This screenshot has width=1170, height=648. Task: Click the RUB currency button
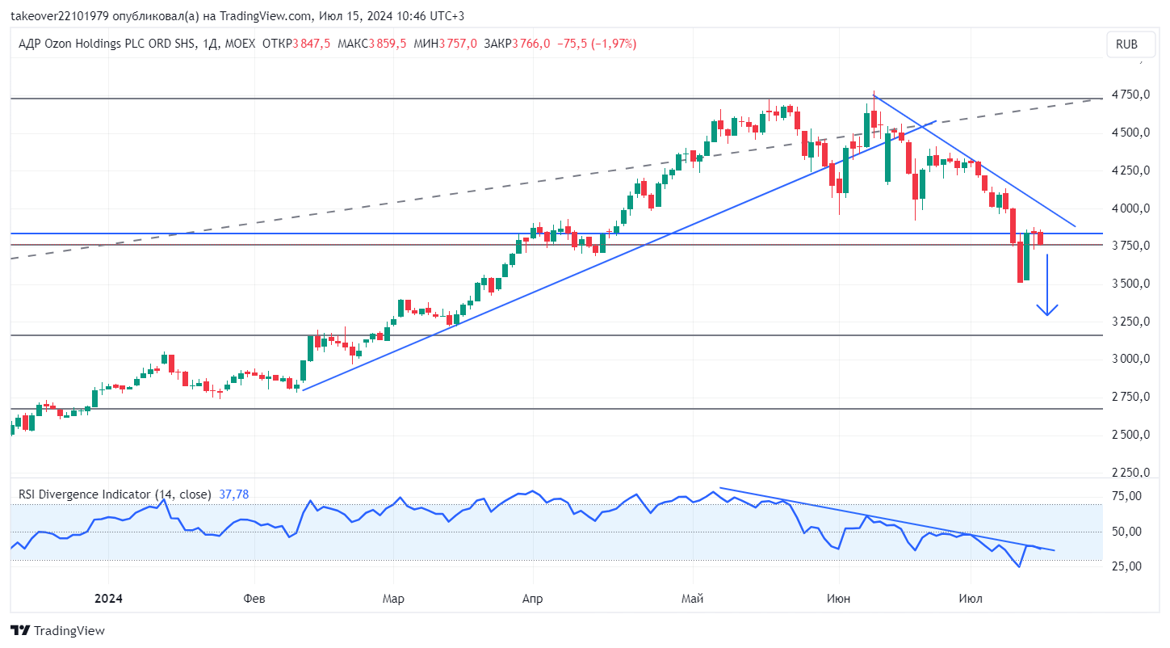pos(1130,44)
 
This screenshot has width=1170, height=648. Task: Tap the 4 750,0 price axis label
pos(1130,95)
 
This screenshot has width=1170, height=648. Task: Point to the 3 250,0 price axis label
pos(1130,322)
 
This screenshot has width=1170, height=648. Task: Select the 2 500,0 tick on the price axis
pos(1130,435)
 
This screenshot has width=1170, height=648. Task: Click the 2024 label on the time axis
pos(108,599)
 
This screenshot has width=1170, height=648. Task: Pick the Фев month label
pos(254,599)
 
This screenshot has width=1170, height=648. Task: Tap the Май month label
pos(693,599)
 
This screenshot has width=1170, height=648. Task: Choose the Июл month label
pos(971,599)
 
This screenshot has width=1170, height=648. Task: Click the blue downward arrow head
pos(1046,315)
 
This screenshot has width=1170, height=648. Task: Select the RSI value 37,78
pos(233,494)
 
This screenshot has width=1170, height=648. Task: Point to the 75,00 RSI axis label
pos(1126,496)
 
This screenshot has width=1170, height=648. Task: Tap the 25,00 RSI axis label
pos(1126,566)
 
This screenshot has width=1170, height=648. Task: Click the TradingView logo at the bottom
pos(57,631)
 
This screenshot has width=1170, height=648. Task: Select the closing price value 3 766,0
pos(531,44)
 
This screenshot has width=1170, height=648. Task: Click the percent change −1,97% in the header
pos(614,44)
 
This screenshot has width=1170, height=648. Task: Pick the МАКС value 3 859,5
pos(388,44)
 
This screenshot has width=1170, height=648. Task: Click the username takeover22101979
pos(60,16)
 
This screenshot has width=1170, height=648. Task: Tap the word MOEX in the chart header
pos(240,44)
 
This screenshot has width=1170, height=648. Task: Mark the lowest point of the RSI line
pos(1019,567)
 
